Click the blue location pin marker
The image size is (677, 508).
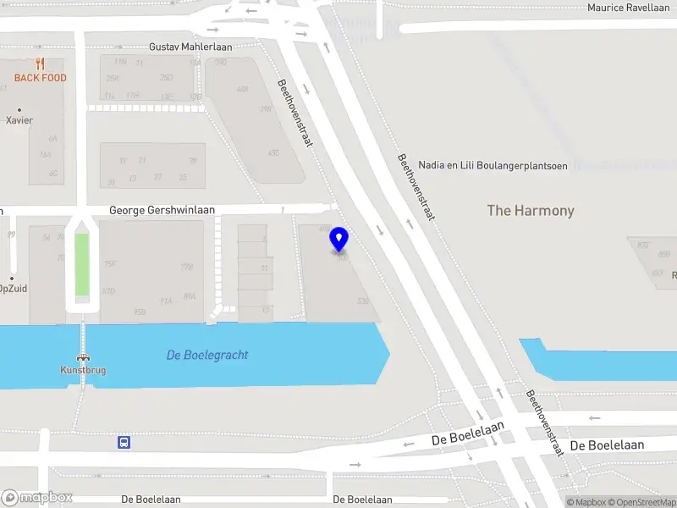pos(339,240)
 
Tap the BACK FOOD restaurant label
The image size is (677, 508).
pos(40,78)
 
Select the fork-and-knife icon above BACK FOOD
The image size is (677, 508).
pos(40,63)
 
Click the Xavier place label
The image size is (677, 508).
pos(19,120)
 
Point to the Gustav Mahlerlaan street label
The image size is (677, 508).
pos(190,47)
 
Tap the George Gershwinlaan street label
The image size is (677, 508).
pos(162,210)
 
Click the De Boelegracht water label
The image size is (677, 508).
pos(207,355)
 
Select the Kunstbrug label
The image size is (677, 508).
pos(83,370)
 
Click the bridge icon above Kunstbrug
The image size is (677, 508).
pos(83,357)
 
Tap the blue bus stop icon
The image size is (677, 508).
pos(124,441)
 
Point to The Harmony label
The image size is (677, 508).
pos(531,211)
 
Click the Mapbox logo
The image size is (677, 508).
pos(37,497)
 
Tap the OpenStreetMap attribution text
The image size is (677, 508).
pos(646,503)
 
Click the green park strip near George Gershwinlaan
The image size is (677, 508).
pos(81,264)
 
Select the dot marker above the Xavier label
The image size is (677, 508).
pos(19,109)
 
